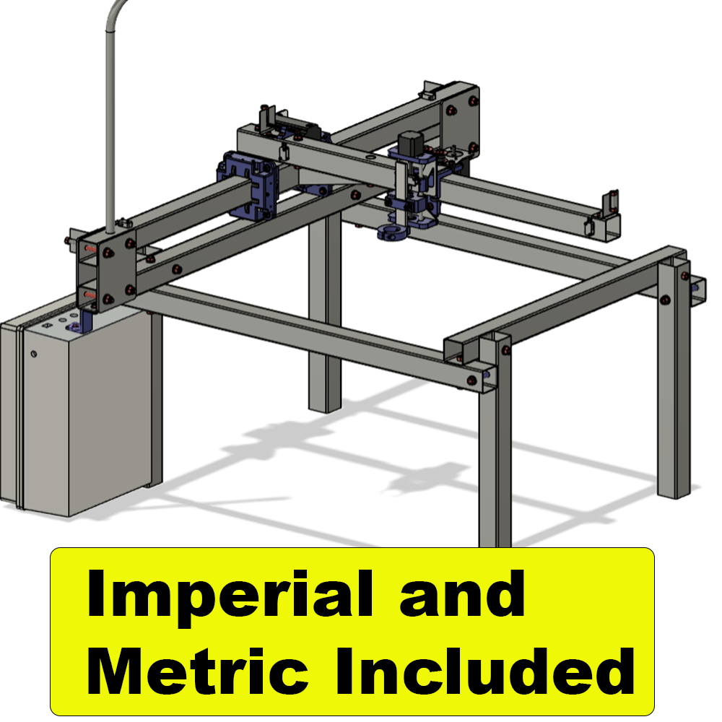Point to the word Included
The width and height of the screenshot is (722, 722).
485,671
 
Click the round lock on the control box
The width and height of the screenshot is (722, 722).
34,354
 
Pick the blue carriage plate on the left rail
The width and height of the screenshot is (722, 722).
248,185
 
